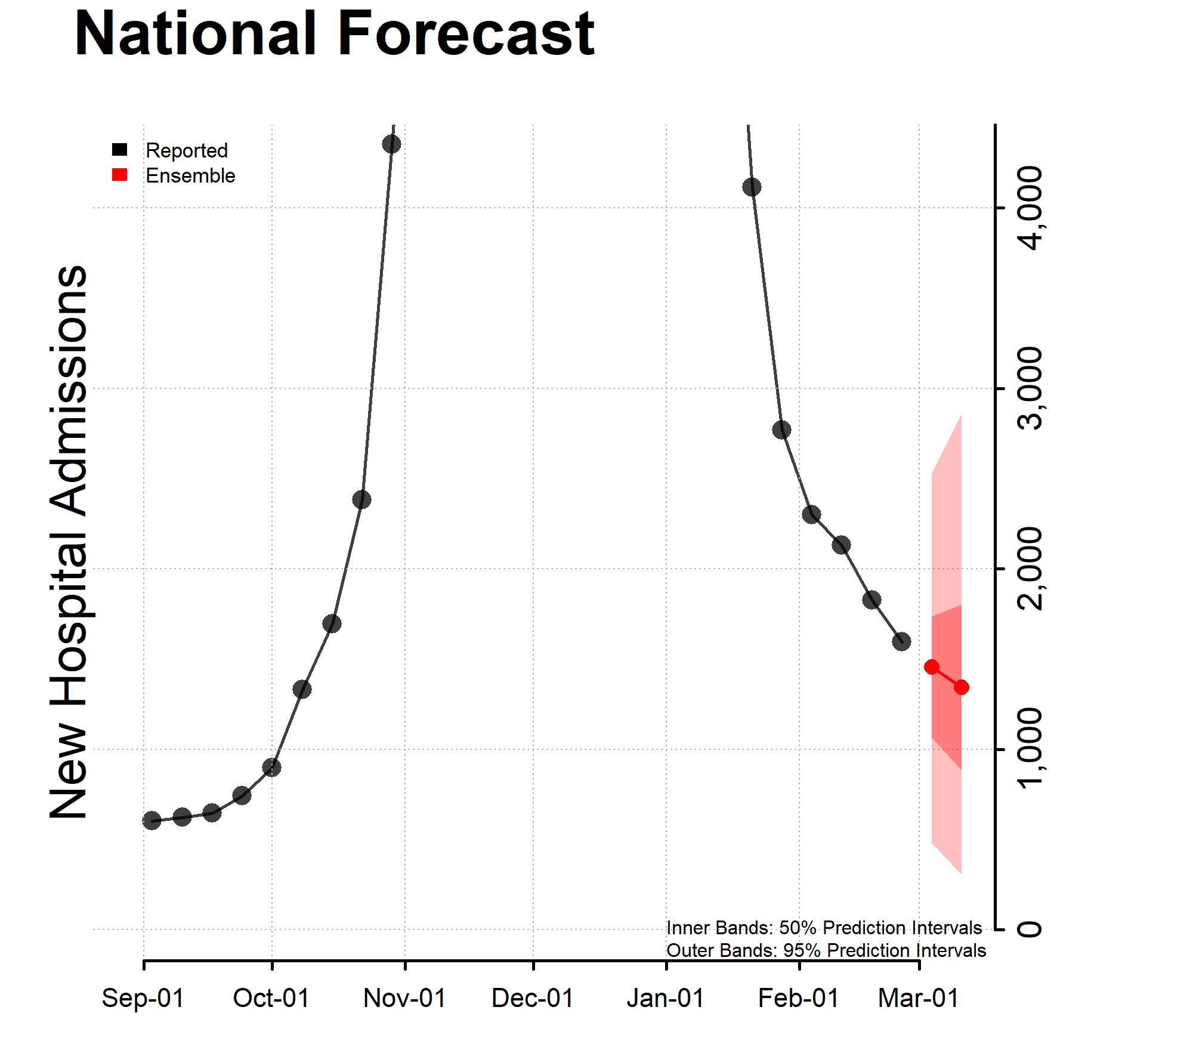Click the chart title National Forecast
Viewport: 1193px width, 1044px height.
pyautogui.click(x=334, y=34)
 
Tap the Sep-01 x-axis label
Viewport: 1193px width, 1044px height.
pyautogui.click(x=143, y=998)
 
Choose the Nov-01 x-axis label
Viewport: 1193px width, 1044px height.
pyautogui.click(x=405, y=998)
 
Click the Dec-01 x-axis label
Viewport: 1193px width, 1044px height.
pyautogui.click(x=533, y=998)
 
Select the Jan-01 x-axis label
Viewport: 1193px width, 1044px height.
pyautogui.click(x=666, y=998)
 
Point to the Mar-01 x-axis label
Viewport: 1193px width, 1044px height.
pyautogui.click(x=919, y=998)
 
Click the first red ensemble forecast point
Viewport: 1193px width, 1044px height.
pyautogui.click(x=932, y=667)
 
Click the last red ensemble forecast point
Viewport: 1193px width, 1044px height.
pyautogui.click(x=962, y=687)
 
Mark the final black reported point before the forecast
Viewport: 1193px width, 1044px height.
pyautogui.click(x=901, y=642)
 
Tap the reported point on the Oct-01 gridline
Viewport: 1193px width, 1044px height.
pyautogui.click(x=271, y=767)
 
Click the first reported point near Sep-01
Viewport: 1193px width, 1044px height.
pyautogui.click(x=152, y=820)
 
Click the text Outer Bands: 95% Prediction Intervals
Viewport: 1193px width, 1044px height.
pyautogui.click(x=826, y=950)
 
